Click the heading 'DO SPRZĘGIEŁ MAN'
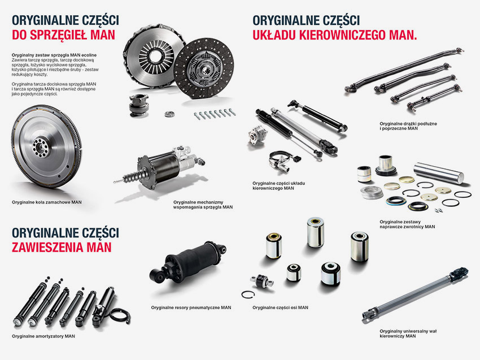tap(63, 35)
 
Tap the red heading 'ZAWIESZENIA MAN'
tap(62, 247)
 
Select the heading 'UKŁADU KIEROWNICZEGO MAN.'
tap(335, 35)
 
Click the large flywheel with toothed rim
tap(46, 146)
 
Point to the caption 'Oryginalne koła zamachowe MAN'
tap(47, 202)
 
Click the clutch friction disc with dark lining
tap(203, 68)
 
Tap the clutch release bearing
tap(139, 105)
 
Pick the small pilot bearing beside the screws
tap(169, 114)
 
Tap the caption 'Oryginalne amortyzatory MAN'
tap(43, 336)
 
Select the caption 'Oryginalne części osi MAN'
tap(281, 307)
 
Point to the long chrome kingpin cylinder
tap(439, 173)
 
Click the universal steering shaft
tap(415, 295)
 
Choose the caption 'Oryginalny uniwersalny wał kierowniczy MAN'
tap(408, 333)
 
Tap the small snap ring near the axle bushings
tap(248, 294)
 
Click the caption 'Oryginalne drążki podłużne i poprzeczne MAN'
tap(408, 126)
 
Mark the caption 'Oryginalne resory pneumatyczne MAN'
tap(191, 307)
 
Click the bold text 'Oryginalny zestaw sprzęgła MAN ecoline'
tap(54, 55)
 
